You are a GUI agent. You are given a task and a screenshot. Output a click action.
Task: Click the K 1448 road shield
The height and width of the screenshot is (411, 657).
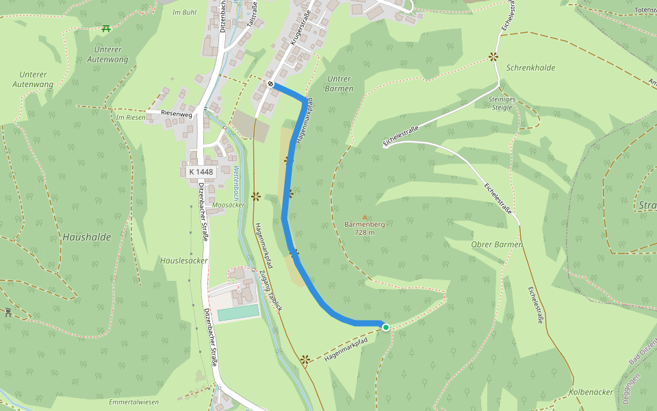pos(201,172)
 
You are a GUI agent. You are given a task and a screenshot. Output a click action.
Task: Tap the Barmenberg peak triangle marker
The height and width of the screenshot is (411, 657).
pos(365,217)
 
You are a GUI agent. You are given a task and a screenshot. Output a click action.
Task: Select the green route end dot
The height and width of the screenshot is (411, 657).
pos(385,327)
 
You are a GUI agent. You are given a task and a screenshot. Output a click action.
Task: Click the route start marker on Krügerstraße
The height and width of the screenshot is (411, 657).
pos(271,84)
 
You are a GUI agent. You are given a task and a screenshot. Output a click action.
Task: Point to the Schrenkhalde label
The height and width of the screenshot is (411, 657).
pos(530,68)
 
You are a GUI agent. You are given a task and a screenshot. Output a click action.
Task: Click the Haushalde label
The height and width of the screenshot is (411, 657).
pos(86,237)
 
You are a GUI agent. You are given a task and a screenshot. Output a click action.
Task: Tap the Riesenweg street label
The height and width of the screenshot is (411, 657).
pos(177,114)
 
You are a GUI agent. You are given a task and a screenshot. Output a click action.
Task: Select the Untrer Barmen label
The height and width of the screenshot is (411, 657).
pos(339,84)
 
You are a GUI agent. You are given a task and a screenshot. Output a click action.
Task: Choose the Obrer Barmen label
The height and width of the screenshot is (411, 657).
pos(497,245)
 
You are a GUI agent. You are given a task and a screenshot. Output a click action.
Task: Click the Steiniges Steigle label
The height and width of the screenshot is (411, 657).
pos(501,103)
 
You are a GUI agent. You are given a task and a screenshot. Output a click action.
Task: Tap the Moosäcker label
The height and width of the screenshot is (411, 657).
pos(228,205)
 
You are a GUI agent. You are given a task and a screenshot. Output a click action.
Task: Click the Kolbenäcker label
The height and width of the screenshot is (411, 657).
pos(591,392)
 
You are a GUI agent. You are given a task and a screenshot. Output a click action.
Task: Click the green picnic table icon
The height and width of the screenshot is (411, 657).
pos(106,29)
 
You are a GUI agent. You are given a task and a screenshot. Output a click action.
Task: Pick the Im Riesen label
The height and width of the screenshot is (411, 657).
pos(131,117)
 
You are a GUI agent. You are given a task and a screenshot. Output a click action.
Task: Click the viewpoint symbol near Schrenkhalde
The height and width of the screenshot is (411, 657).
pos(493,58)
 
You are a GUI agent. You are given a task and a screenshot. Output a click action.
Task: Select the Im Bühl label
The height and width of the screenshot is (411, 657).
pos(185,13)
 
